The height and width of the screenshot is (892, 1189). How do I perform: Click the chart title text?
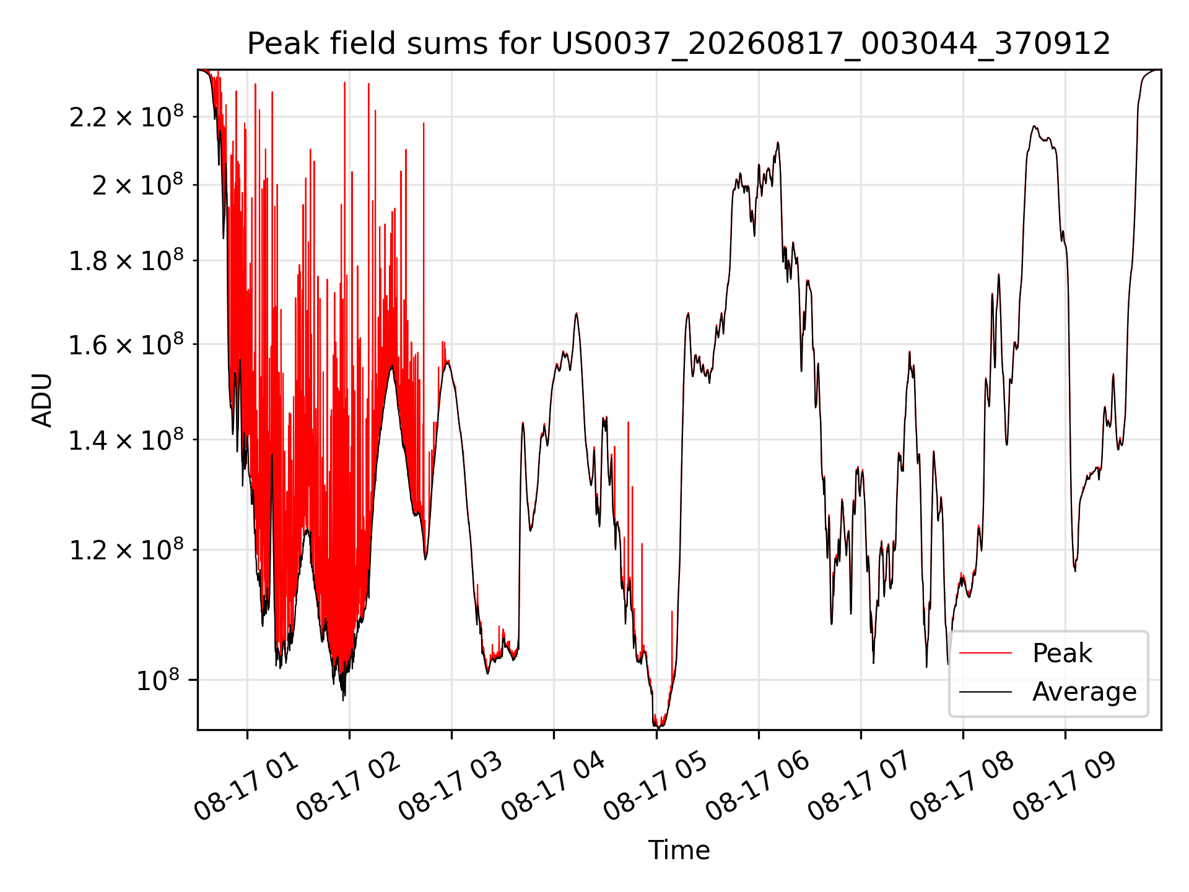[679, 44]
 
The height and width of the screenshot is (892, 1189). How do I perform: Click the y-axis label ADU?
[42, 400]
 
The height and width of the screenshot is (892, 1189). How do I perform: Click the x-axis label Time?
[679, 850]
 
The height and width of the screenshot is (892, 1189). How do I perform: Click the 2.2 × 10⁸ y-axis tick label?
[126, 116]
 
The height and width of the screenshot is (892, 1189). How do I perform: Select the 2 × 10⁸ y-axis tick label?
[138, 184]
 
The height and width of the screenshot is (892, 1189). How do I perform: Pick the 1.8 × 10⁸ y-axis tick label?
[126, 260]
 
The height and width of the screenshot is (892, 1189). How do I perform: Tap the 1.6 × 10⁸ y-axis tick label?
[126, 344]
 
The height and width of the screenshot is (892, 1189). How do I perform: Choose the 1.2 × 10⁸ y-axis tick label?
[126, 549]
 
